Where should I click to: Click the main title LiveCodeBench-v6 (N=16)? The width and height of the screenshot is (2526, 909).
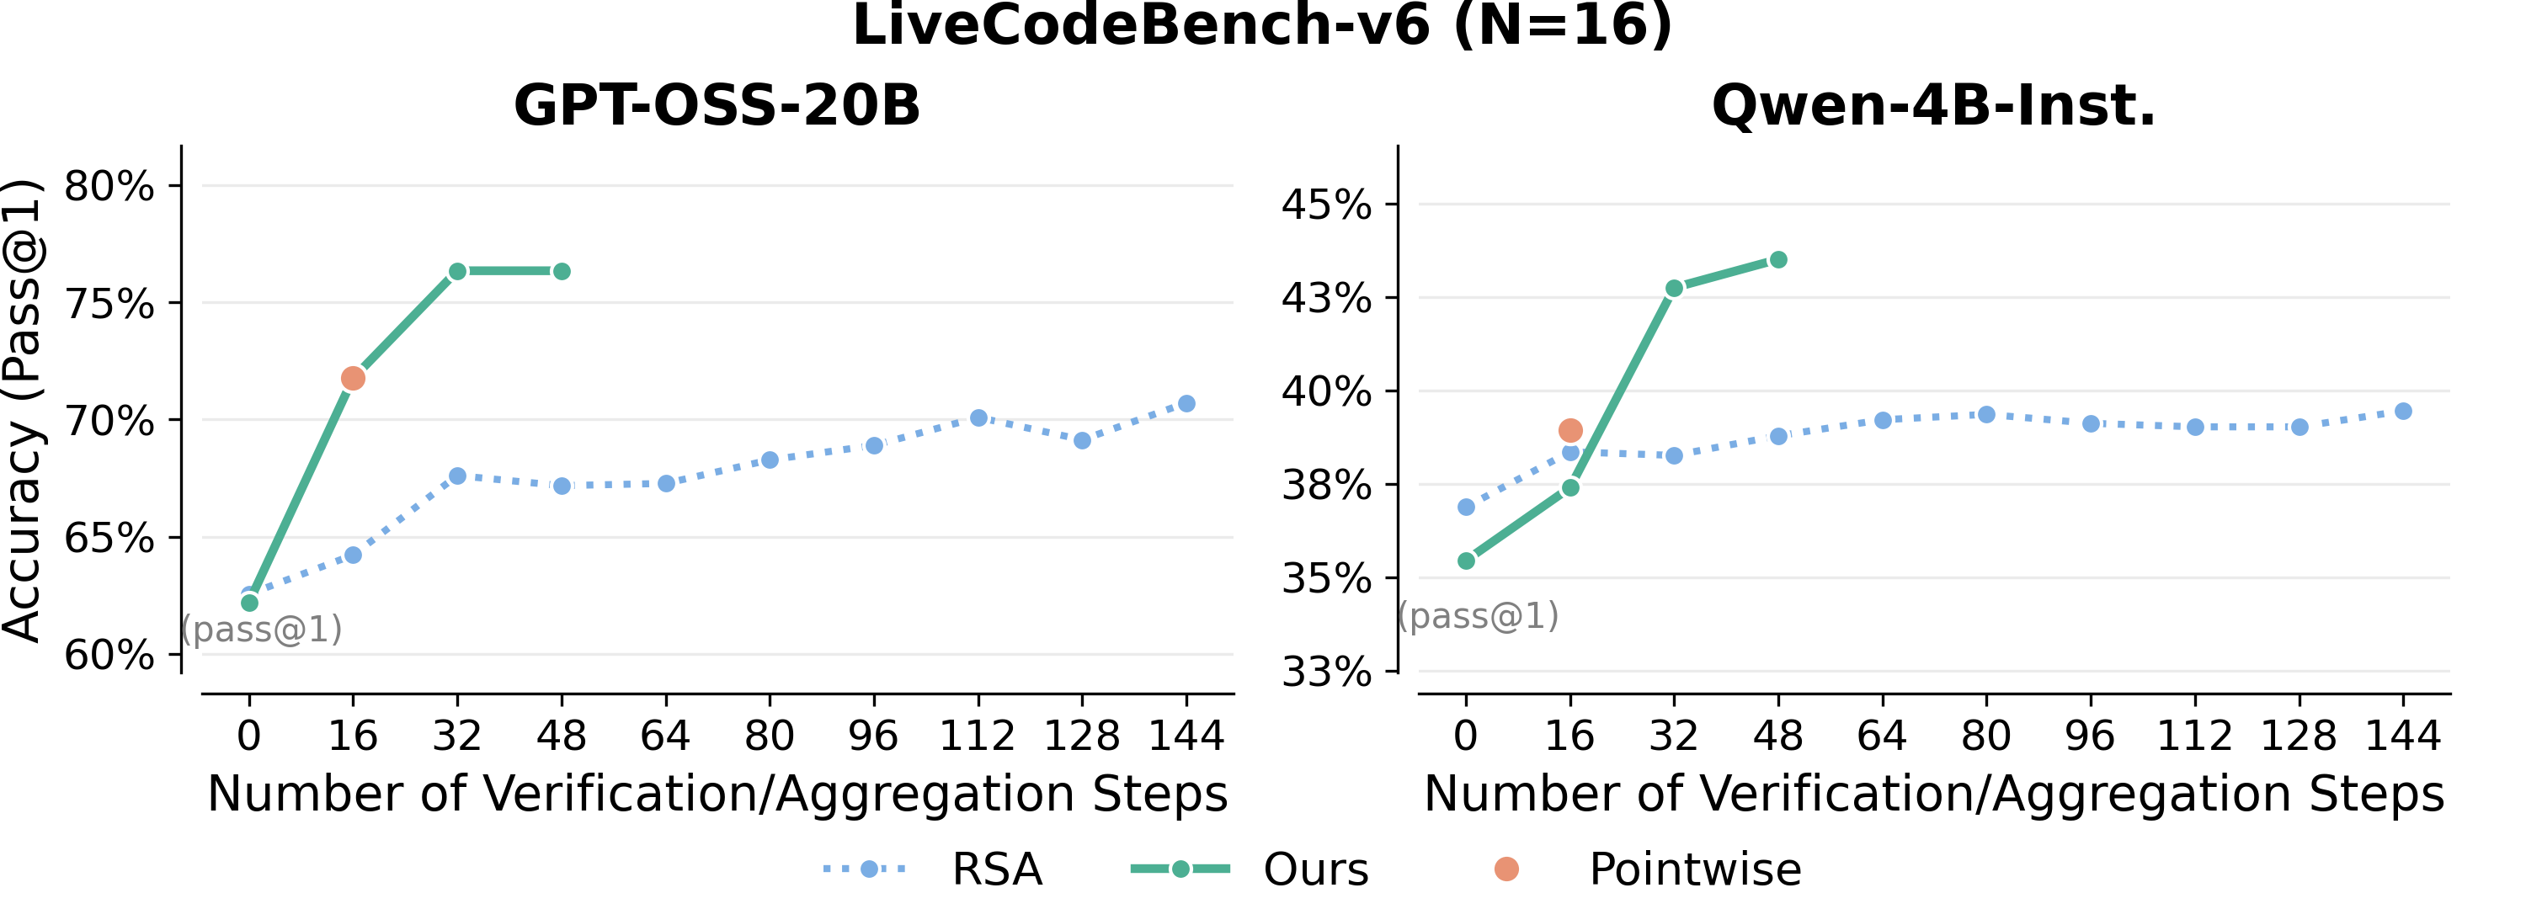pos(1262,25)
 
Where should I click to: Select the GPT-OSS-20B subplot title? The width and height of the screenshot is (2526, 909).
pos(717,106)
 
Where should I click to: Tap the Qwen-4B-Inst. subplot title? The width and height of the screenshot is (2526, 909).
pos(1934,106)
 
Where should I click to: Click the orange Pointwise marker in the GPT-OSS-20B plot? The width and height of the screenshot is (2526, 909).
pos(353,379)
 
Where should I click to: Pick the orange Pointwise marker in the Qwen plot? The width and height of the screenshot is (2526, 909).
pos(1570,430)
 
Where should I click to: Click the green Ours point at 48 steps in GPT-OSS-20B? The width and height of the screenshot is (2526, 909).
pos(562,272)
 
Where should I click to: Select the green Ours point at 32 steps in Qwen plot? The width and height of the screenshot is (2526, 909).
pos(1674,289)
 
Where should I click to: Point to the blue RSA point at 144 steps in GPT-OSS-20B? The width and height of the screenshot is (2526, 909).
pos(1186,404)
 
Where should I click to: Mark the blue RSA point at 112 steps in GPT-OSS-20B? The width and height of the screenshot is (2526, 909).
pos(978,417)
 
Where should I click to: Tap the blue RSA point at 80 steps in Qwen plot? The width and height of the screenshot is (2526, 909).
pos(1986,415)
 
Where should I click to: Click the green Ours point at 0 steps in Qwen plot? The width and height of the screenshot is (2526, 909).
pos(1466,561)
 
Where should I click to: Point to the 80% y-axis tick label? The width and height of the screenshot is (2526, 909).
pos(109,186)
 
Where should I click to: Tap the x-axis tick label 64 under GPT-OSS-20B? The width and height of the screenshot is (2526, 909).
pos(666,736)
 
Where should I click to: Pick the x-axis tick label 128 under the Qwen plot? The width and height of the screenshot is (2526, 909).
pos(2299,736)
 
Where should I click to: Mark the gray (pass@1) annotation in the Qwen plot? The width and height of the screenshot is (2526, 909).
pos(1478,616)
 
